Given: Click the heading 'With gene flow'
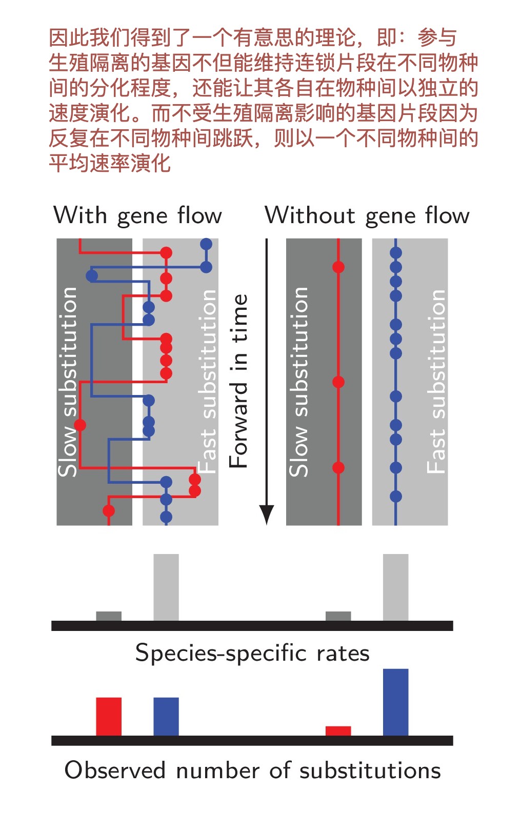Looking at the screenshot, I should pyautogui.click(x=137, y=215).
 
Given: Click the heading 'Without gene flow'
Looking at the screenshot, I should pyautogui.click(x=367, y=215).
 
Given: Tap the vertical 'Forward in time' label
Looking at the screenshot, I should pyautogui.click(x=239, y=381).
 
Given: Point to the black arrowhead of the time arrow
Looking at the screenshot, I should pyautogui.click(x=267, y=514).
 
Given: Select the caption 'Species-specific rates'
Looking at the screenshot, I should pyautogui.click(x=252, y=654).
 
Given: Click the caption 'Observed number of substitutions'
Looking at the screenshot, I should pyautogui.click(x=252, y=770).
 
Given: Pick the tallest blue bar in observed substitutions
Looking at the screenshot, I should pyautogui.click(x=395, y=702).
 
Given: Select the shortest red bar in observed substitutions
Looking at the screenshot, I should pyautogui.click(x=338, y=731).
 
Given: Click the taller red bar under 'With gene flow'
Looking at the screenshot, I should pyautogui.click(x=109, y=717).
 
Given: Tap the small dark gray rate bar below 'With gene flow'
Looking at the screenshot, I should pyautogui.click(x=109, y=616).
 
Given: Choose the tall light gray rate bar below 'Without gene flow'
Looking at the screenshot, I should pyautogui.click(x=395, y=587).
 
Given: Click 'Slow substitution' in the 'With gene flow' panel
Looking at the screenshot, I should pyautogui.click(x=68, y=382).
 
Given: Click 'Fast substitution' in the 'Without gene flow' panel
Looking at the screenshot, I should pyautogui.click(x=436, y=382).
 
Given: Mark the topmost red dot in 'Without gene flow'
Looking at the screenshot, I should pyautogui.click(x=338, y=267).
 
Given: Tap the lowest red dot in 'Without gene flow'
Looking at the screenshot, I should pyautogui.click(x=338, y=467).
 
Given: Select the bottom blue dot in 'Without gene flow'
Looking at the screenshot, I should pyautogui.click(x=395, y=496).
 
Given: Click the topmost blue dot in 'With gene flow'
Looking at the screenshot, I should pyautogui.click(x=206, y=244).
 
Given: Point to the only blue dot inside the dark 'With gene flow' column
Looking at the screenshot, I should pyautogui.click(x=92, y=275).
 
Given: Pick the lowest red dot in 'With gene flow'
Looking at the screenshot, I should pyautogui.click(x=109, y=510).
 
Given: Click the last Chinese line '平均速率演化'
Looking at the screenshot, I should pyautogui.click(x=110, y=164).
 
